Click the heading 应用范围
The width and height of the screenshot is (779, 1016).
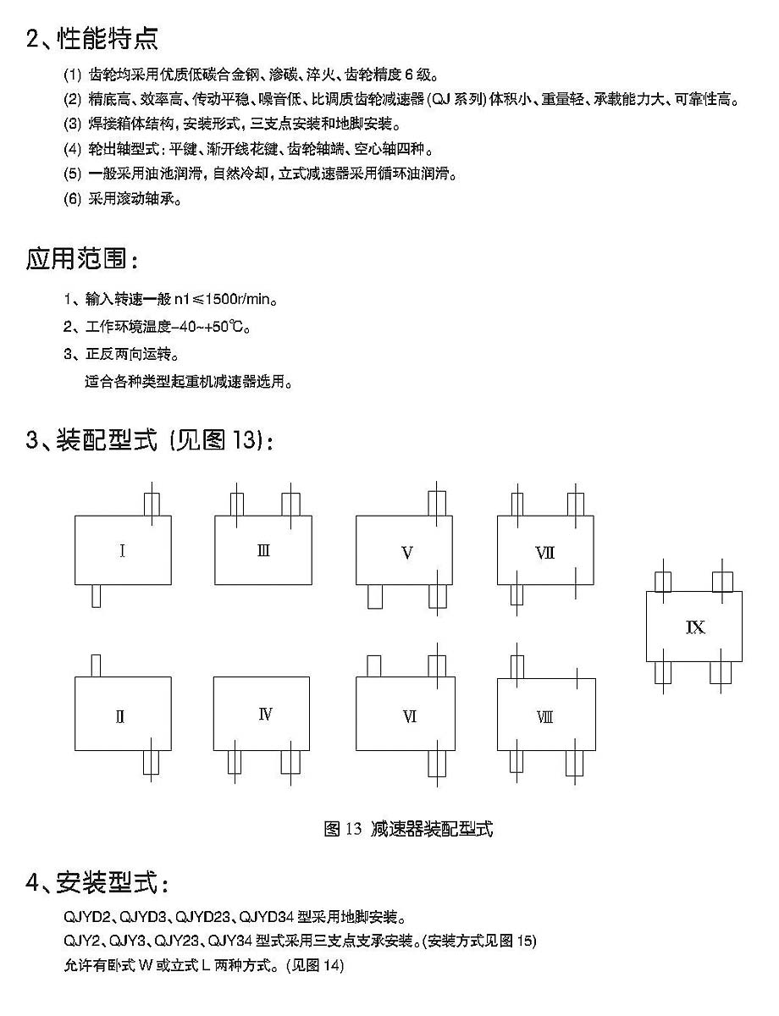point(82,259)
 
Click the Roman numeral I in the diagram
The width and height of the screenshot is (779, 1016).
point(123,552)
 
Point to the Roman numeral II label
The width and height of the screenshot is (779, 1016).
point(120,717)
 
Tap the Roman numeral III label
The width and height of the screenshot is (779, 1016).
point(263,551)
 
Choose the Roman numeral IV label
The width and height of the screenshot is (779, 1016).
point(265,715)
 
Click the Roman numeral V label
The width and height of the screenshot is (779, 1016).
point(406,553)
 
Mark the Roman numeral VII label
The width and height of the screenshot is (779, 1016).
point(544,553)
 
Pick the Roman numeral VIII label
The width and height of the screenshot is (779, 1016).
point(544,717)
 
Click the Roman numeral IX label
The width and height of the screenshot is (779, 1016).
point(694,627)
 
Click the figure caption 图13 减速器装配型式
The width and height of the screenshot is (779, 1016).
point(408,828)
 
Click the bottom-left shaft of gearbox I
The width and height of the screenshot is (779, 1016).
point(96,596)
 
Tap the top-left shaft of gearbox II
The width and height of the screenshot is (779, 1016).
point(96,665)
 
